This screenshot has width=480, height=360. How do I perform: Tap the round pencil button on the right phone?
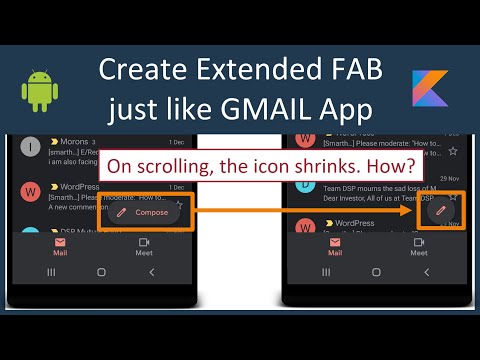pyautogui.click(x=436, y=211)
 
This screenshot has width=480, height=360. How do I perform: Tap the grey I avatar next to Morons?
pyautogui.click(x=31, y=147)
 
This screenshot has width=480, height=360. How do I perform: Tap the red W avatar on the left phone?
pyautogui.click(x=31, y=190)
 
